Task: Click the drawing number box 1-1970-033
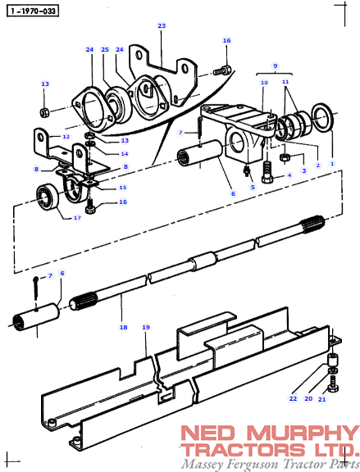[33, 11]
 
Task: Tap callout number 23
[162, 26]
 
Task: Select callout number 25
[105, 49]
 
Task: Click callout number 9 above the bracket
[276, 66]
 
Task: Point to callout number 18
[124, 327]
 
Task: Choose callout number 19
[146, 327]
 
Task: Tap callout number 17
[77, 218]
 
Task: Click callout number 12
[66, 137]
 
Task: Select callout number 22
[293, 398]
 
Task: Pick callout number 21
[322, 399]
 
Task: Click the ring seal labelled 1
[323, 117]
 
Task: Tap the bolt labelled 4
[267, 172]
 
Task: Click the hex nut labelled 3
[285, 157]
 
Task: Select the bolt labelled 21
[333, 383]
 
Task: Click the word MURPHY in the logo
[301, 433]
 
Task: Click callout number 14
[125, 154]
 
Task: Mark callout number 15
[123, 188]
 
